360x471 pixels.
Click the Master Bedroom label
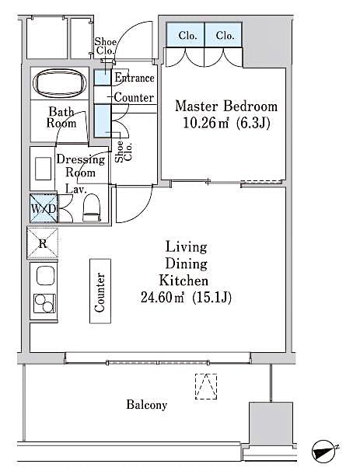tap(225, 106)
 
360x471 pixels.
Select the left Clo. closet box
tap(187, 36)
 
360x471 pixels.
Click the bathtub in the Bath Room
tap(61, 83)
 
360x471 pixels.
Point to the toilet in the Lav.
tap(91, 206)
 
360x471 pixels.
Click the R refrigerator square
tap(43, 242)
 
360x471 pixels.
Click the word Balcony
tap(147, 405)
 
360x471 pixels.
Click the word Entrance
tap(134, 78)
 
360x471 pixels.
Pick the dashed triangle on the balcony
tap(205, 386)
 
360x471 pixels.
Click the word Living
tap(187, 247)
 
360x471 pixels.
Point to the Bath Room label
tap(61, 117)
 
